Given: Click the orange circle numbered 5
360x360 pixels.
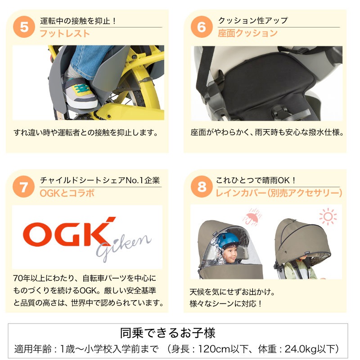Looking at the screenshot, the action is (24, 27).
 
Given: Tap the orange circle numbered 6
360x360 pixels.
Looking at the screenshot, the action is (202, 27).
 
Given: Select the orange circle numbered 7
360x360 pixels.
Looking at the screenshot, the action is (24, 187).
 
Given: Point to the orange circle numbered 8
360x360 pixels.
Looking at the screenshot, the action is (202, 187).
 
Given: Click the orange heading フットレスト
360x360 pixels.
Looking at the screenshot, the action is (65, 34).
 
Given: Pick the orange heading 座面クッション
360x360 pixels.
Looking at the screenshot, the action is (248, 33).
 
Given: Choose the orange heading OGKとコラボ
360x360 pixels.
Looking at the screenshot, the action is (67, 193).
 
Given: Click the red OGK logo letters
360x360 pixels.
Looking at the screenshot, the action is (69, 232).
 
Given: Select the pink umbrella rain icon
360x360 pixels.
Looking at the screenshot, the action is (252, 217).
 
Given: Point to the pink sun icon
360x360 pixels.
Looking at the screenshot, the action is (328, 216).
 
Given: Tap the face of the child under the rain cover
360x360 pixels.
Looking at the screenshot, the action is (230, 254).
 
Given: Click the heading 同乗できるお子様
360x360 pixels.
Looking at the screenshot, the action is (168, 333).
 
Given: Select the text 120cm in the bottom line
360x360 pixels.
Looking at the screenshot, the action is (214, 349).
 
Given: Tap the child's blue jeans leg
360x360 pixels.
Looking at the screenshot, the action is (90, 60).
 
